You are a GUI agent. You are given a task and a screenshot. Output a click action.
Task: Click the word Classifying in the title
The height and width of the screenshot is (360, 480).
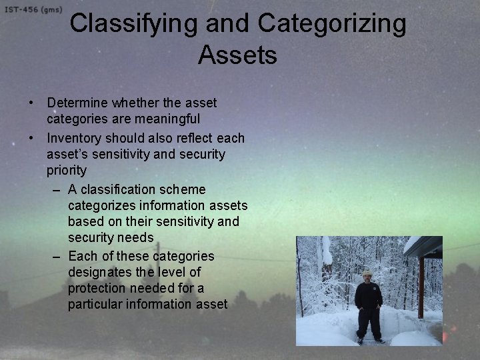(x=134, y=24)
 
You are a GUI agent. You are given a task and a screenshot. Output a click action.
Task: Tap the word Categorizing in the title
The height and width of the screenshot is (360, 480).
(x=332, y=24)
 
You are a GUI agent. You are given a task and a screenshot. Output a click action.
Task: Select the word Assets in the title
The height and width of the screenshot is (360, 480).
(x=237, y=55)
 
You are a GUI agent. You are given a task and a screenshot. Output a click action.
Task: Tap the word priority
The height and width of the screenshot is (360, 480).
(x=67, y=170)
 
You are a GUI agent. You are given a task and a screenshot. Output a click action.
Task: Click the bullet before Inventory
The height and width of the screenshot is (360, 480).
(x=32, y=138)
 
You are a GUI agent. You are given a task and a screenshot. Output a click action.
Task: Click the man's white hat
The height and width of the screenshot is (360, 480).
(x=367, y=273)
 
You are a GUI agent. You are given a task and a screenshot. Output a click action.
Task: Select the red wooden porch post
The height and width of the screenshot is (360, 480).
(x=421, y=287)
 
